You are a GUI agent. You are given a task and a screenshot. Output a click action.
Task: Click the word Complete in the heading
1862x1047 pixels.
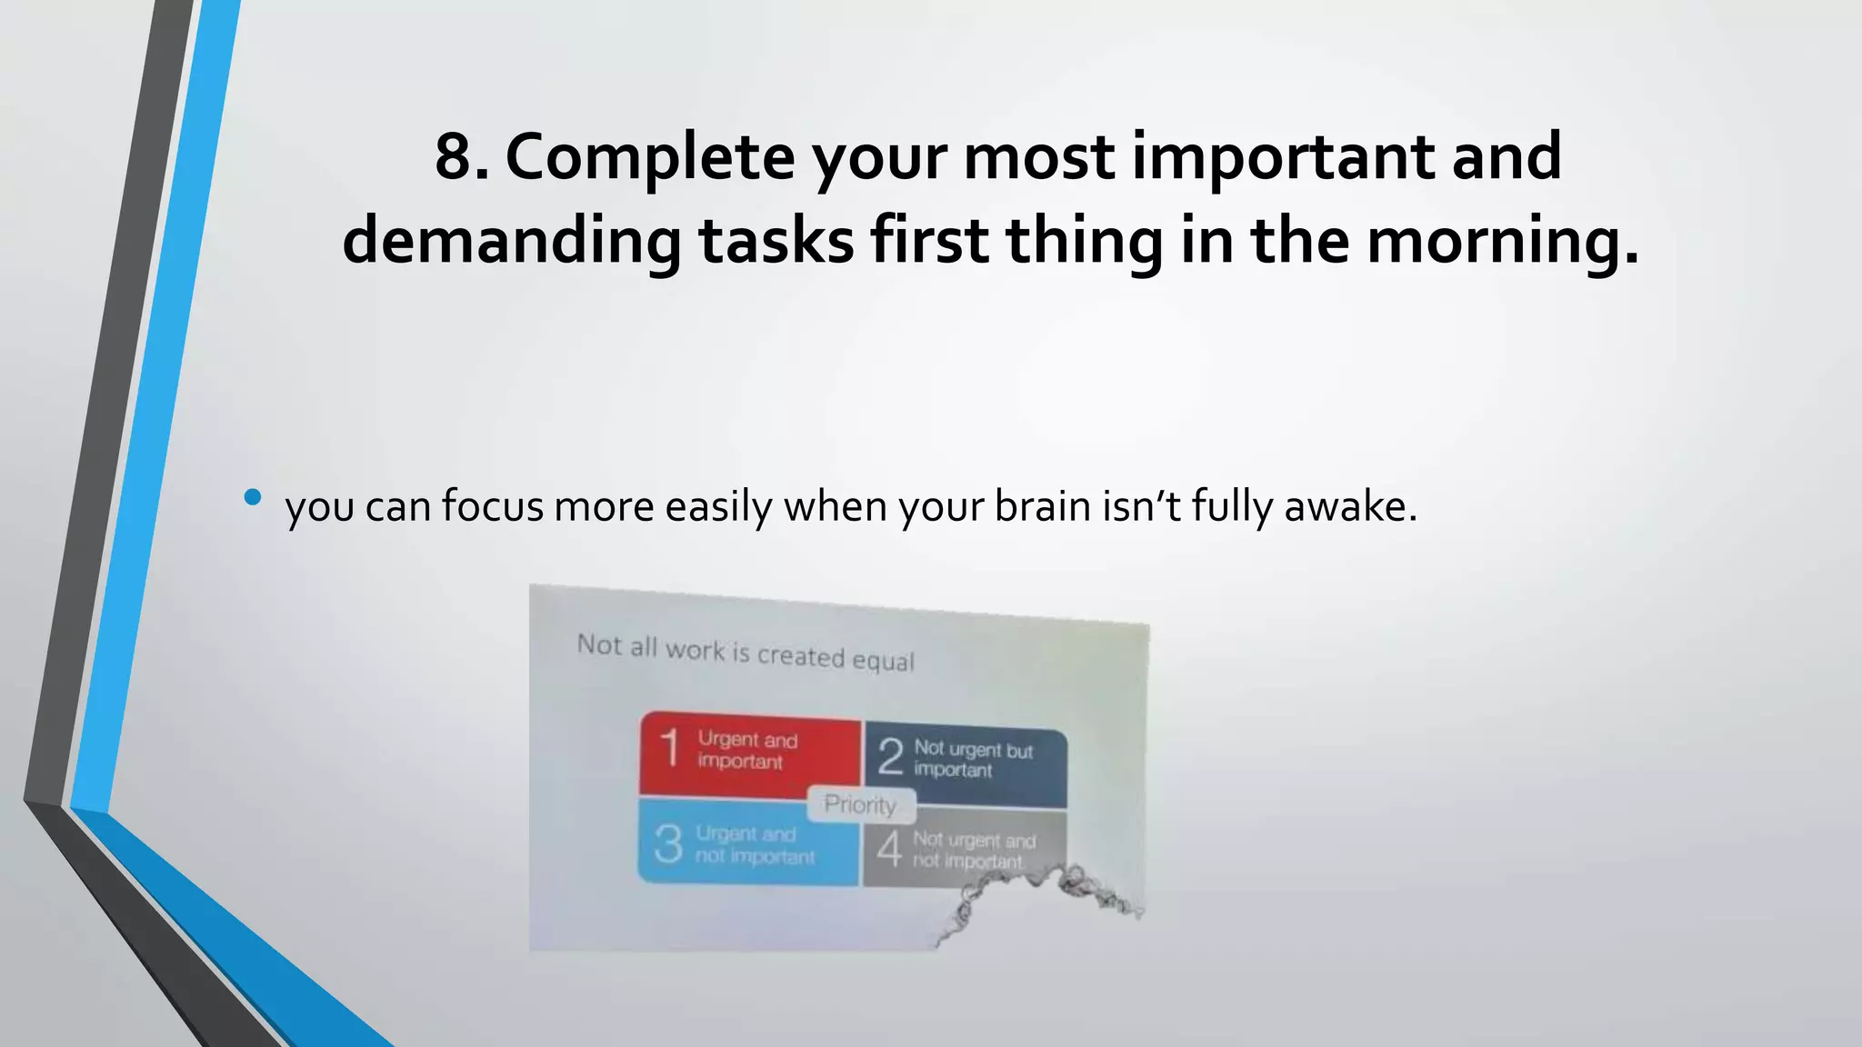coord(649,156)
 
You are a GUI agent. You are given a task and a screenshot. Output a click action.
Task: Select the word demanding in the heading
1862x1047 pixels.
coord(511,241)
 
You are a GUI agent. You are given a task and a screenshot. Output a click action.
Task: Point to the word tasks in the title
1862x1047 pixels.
coord(776,241)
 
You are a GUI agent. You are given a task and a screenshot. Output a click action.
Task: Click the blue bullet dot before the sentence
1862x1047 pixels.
coord(253,497)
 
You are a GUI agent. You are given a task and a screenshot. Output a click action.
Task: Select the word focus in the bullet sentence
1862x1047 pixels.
coord(493,506)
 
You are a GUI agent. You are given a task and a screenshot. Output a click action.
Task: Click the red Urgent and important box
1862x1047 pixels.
coord(751,753)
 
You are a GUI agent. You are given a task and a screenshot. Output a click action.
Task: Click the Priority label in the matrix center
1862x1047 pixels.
coord(860,804)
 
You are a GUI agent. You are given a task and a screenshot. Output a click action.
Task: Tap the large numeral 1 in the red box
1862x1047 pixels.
coord(670,749)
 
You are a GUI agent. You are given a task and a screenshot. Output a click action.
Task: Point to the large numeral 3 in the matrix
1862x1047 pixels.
coord(668,843)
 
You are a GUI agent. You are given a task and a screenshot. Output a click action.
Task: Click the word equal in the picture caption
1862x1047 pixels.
coord(883,660)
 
